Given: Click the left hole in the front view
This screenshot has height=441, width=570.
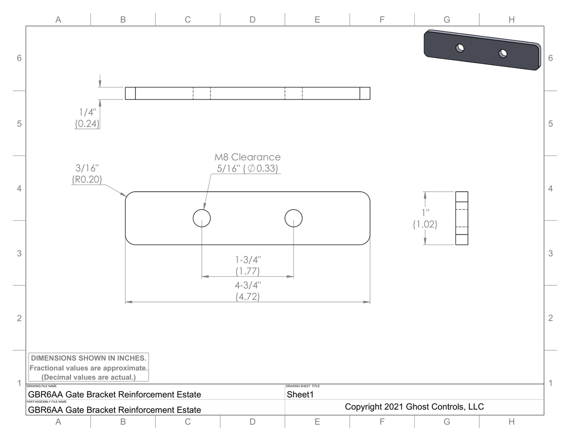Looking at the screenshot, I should (202, 218).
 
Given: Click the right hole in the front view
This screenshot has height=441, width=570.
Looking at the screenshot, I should (294, 218).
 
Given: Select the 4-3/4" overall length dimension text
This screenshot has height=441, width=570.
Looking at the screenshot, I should (247, 291).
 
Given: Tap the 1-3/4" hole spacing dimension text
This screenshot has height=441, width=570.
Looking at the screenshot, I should (247, 265).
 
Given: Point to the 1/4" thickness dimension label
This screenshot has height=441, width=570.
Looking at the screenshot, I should (87, 118).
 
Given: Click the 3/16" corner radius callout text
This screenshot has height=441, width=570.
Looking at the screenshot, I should (87, 174).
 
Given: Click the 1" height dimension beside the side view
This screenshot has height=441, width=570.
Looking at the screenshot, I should (425, 218).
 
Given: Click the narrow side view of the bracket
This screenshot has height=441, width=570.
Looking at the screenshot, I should (462, 218).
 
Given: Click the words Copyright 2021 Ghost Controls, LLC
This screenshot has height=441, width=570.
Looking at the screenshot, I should (414, 407).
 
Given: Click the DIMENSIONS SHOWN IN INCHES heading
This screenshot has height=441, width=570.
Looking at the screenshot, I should (89, 358).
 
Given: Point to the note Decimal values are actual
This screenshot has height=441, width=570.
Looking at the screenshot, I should (89, 377).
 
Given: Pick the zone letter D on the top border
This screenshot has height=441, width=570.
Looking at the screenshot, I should (252, 20).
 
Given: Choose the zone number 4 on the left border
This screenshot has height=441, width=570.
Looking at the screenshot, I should (19, 188).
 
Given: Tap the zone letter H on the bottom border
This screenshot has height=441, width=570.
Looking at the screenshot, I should (511, 421).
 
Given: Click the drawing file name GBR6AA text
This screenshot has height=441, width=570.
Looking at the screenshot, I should (114, 394).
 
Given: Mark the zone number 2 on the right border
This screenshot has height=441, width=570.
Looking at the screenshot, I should (550, 318).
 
